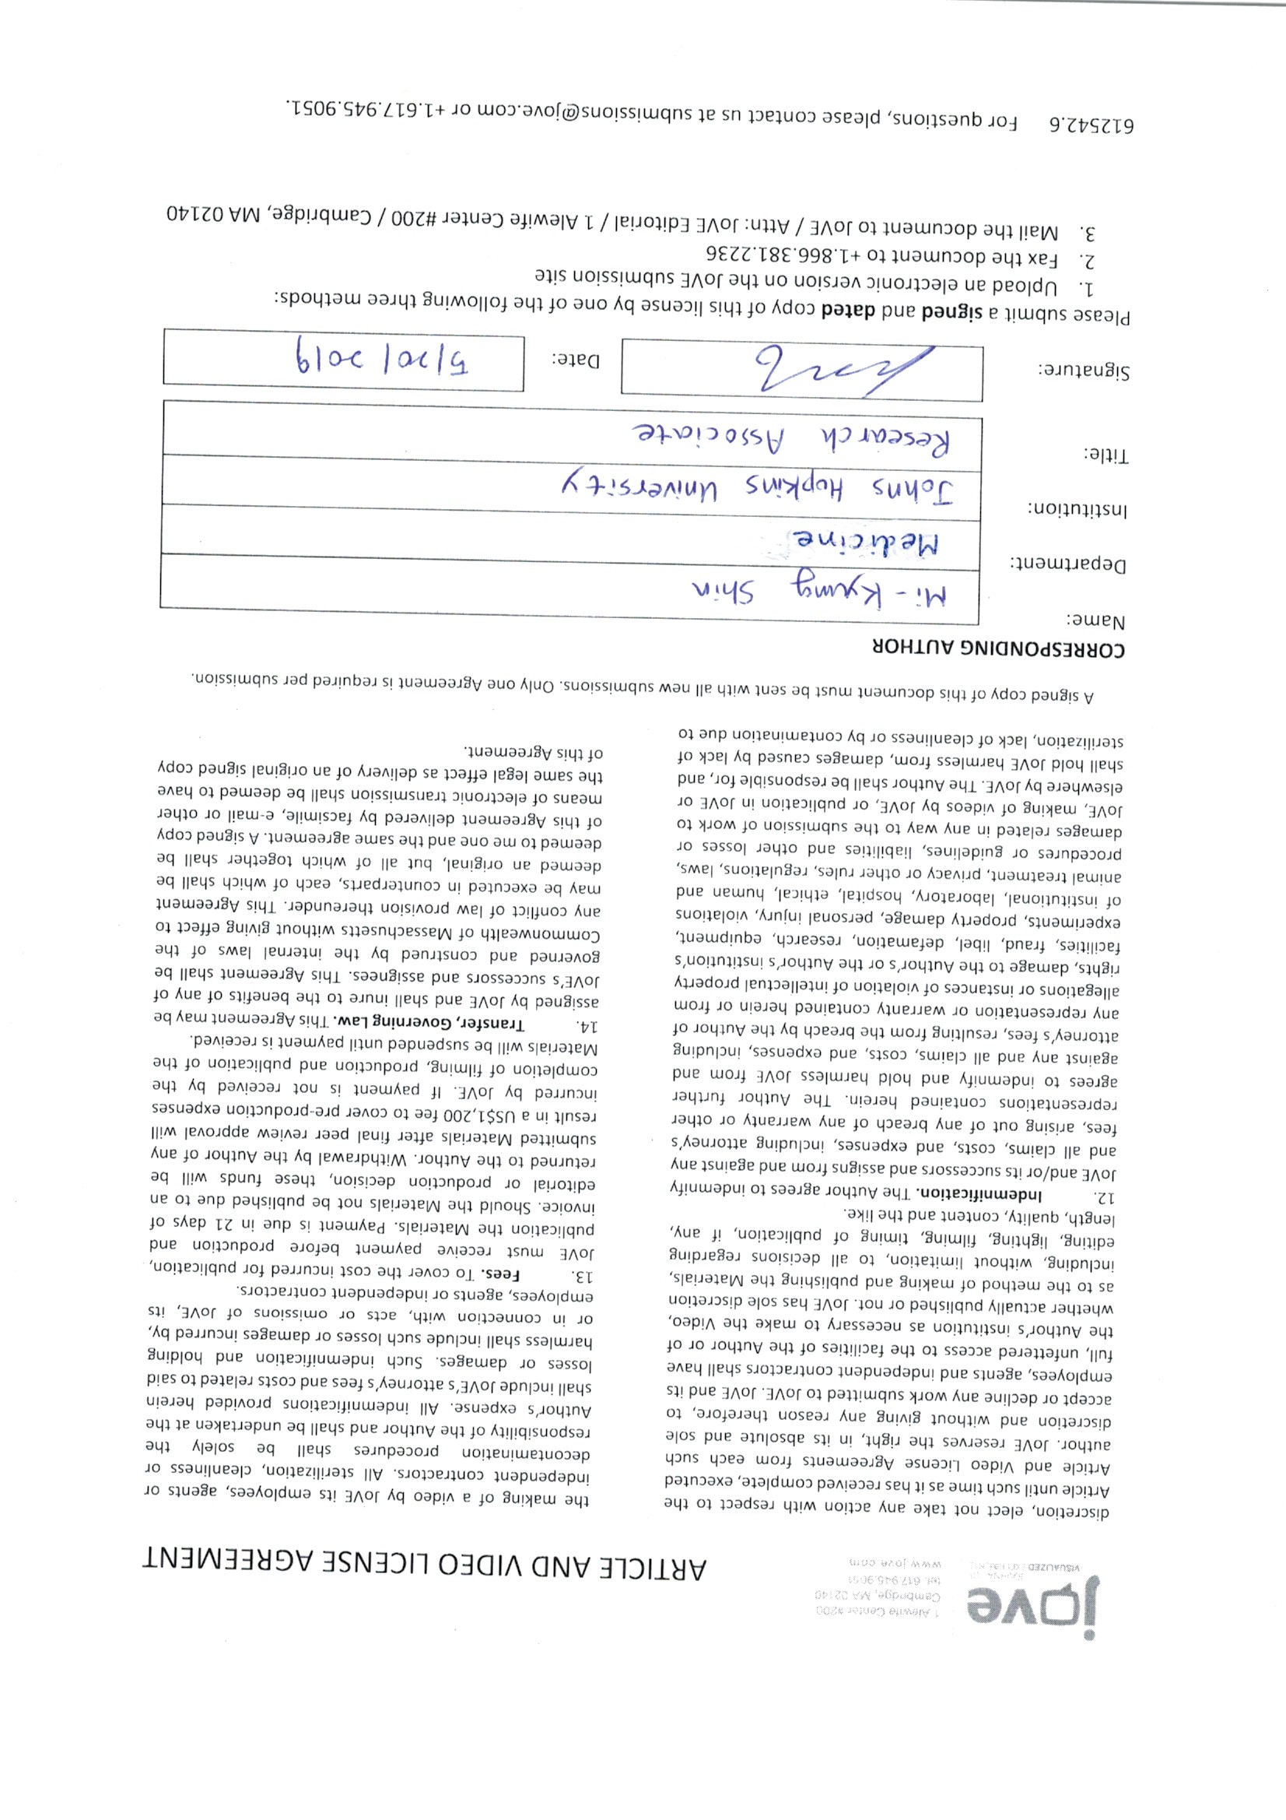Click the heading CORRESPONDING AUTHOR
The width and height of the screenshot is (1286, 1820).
click(997, 647)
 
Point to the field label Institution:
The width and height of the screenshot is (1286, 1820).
click(1077, 508)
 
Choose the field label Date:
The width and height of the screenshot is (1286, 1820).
click(576, 360)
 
